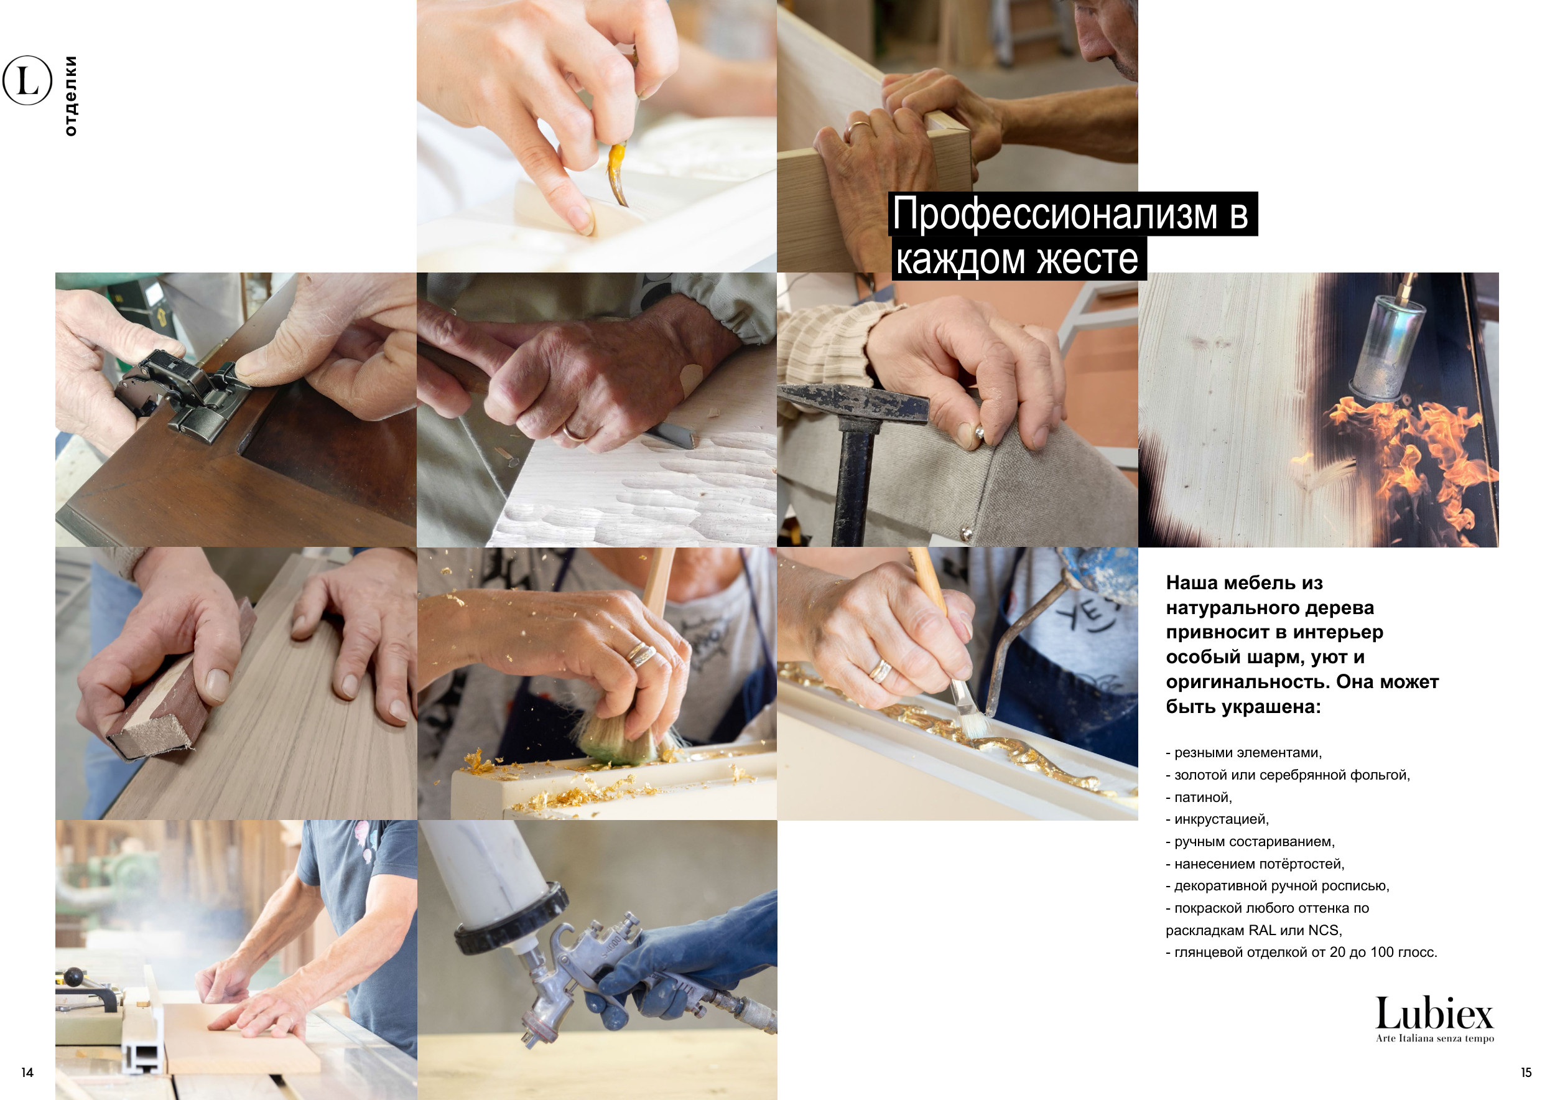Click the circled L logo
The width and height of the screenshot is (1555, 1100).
pyautogui.click(x=27, y=81)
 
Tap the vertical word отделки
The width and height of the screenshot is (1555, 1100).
pyautogui.click(x=70, y=96)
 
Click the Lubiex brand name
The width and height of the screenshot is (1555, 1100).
pyautogui.click(x=1434, y=1014)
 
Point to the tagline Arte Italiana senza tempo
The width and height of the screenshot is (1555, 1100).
pyautogui.click(x=1434, y=1038)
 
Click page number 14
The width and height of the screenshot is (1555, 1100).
pyautogui.click(x=27, y=1072)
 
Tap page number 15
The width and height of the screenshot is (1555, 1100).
pyautogui.click(x=1526, y=1072)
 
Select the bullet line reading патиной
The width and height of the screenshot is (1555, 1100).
pyautogui.click(x=1199, y=797)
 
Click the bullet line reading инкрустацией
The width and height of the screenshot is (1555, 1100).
pyautogui.click(x=1217, y=819)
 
